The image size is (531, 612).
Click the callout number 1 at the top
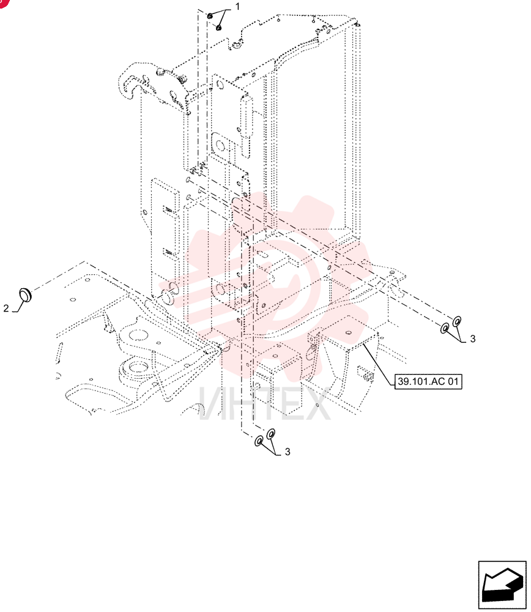[x=237, y=7]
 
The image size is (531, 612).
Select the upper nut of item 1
[x=209, y=16]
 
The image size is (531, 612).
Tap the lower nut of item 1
[x=219, y=28]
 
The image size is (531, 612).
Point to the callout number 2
[x=6, y=308]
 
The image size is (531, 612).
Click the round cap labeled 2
[x=25, y=295]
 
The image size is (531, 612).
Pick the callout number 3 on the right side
[x=473, y=339]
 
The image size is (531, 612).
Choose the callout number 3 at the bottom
[x=288, y=452]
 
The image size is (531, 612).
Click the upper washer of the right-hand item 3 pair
[x=456, y=322]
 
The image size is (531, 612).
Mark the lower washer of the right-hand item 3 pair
[x=445, y=328]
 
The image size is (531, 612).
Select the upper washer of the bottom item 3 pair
[x=271, y=434]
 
